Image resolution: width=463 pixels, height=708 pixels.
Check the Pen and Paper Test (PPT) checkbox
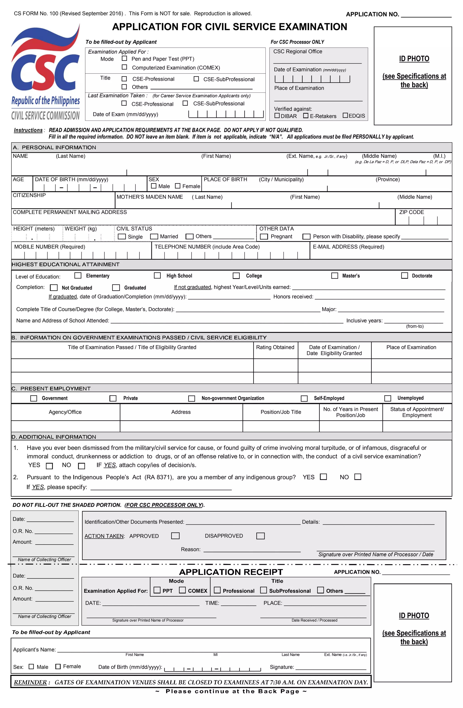(x=124, y=59)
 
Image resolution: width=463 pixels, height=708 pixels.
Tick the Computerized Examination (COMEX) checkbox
(x=124, y=67)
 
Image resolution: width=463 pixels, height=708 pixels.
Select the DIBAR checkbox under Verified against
(x=277, y=115)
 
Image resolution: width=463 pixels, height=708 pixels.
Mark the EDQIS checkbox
(x=345, y=115)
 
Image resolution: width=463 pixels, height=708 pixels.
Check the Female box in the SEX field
(x=177, y=186)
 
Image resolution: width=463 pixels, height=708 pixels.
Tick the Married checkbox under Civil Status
(x=154, y=237)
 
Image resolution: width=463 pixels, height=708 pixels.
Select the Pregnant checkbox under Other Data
(x=264, y=237)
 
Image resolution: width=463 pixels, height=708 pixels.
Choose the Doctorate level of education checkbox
(x=404, y=275)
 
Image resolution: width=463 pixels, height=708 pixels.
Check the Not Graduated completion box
(x=54, y=288)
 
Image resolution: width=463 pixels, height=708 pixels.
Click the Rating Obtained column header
(x=275, y=347)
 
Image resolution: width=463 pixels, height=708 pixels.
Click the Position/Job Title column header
(x=281, y=412)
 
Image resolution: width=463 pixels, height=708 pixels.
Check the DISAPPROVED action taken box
(x=260, y=536)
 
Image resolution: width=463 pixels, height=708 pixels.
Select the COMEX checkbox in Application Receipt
(x=182, y=590)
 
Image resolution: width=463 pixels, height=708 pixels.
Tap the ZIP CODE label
(x=411, y=212)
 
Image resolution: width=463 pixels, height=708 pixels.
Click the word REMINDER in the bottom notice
(x=30, y=682)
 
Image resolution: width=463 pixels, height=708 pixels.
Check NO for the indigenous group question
(x=358, y=477)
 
